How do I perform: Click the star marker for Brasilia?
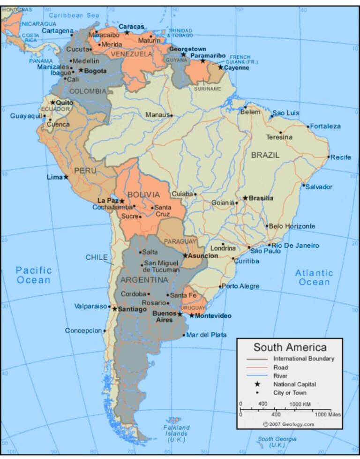(245, 198)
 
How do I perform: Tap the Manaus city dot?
(171, 115)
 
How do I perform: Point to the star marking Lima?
(66, 177)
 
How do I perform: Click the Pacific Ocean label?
(33, 275)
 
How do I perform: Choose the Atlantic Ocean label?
(314, 278)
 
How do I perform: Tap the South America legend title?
(290, 347)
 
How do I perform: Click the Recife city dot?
(329, 157)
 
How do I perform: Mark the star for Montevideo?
(191, 316)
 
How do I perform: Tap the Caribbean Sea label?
(74, 15)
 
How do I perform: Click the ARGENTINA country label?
(144, 280)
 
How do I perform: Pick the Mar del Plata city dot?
(184, 335)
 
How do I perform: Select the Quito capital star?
(52, 102)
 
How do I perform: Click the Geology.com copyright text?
(289, 424)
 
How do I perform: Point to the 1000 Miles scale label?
(328, 414)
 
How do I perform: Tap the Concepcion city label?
(83, 331)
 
